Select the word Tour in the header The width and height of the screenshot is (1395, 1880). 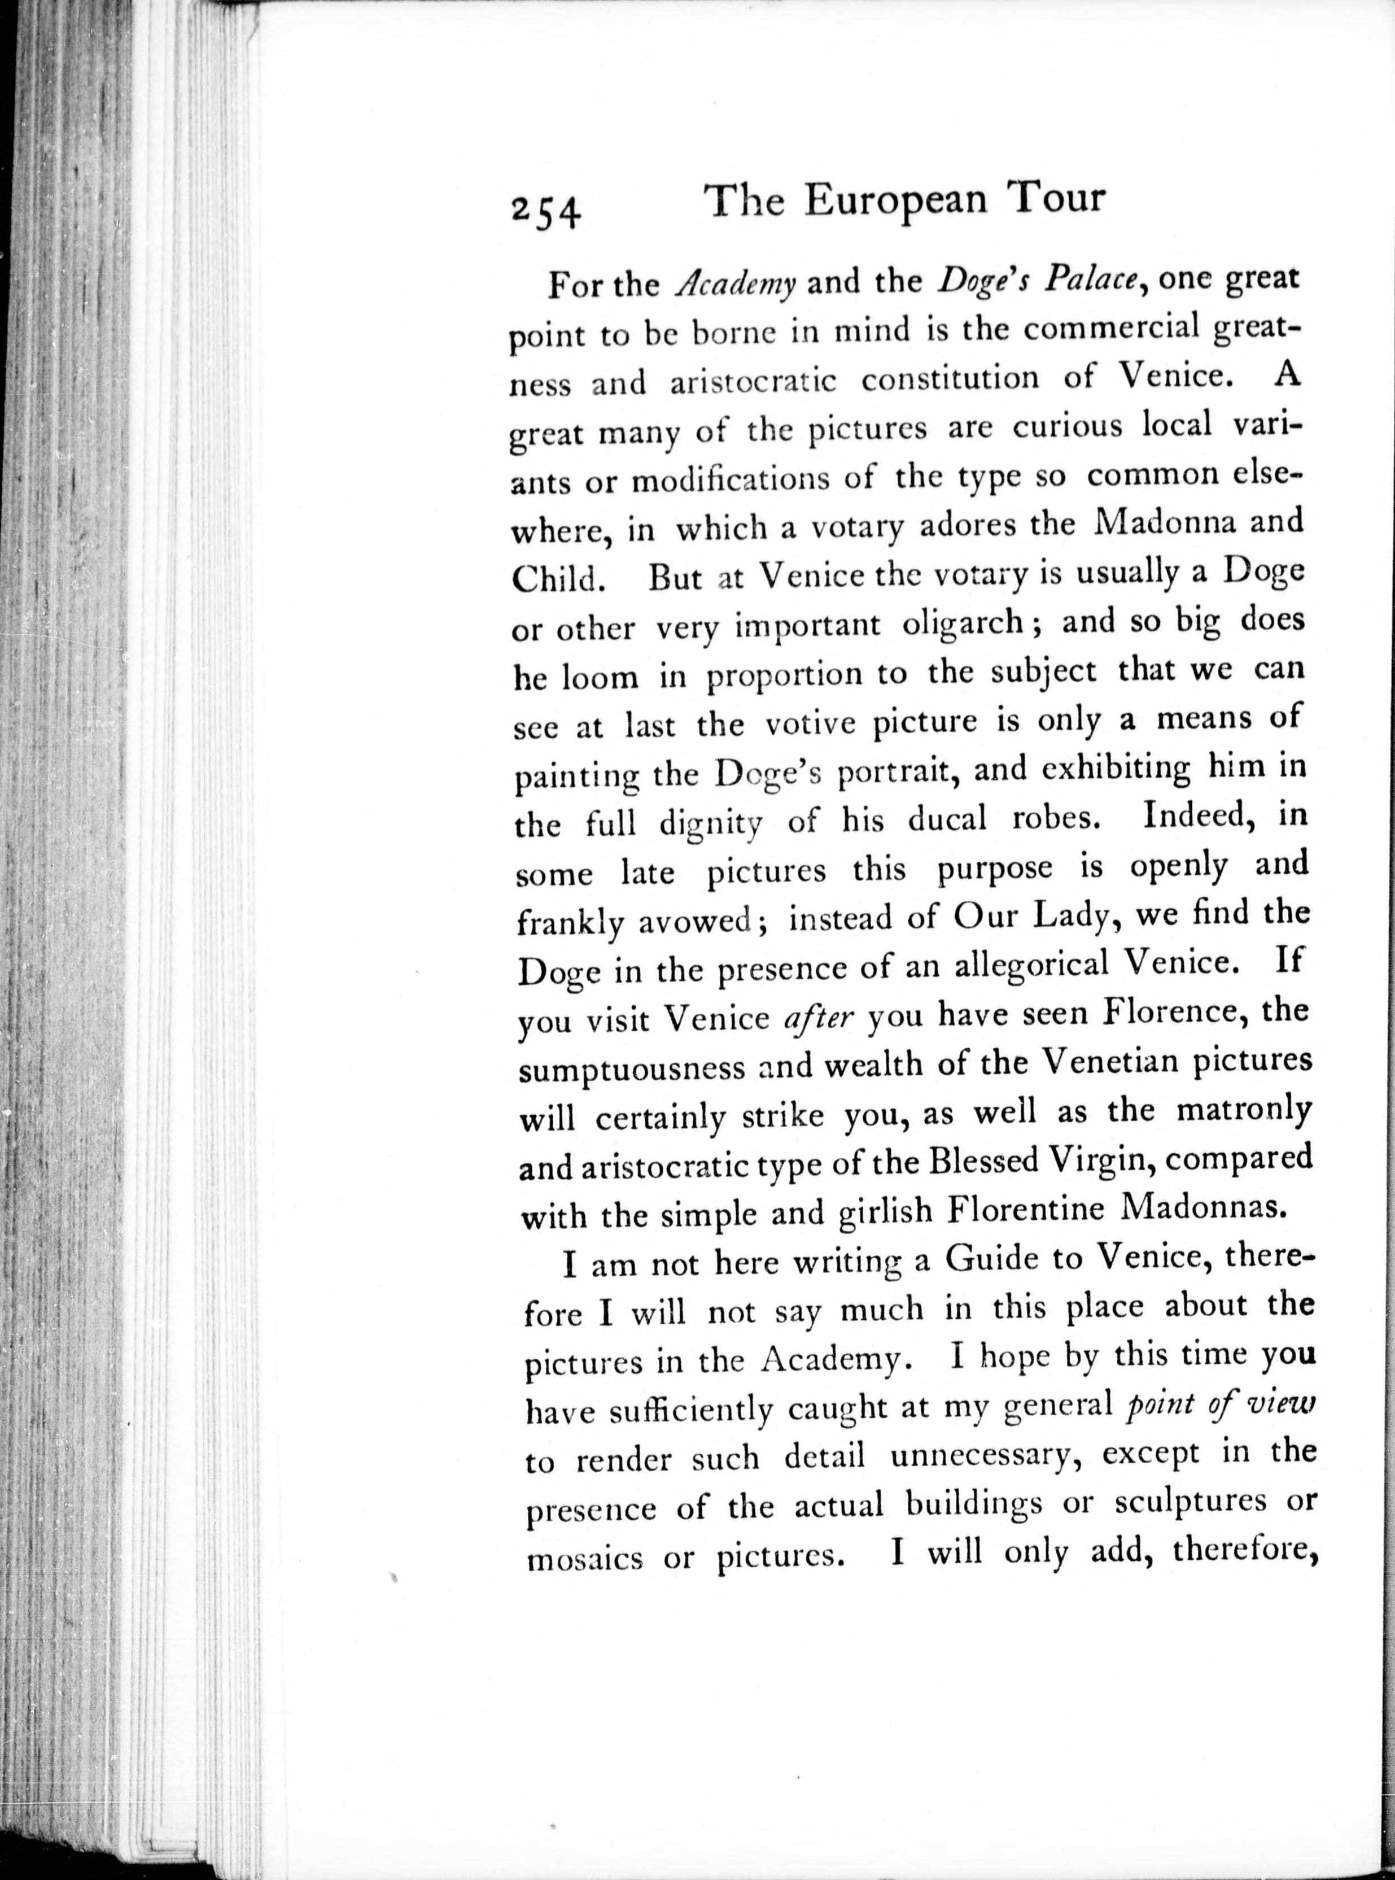point(1056,198)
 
